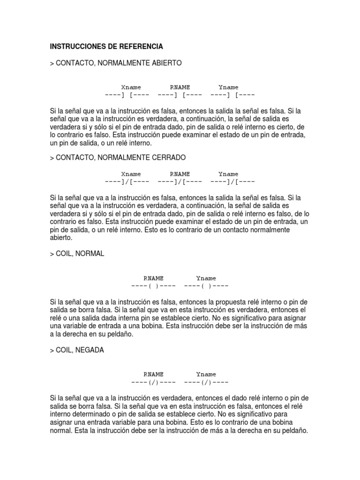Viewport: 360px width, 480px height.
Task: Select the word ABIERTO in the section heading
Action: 164,62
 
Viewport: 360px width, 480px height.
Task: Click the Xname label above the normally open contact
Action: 131,87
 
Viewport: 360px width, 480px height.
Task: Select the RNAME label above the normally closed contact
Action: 180,174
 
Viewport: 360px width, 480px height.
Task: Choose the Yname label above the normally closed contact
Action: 228,174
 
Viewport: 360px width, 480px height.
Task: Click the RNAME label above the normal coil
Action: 153,278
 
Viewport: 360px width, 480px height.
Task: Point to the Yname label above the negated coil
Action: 206,374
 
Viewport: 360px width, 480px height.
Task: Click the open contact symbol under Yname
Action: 233,95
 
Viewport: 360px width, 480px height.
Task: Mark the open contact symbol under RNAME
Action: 180,95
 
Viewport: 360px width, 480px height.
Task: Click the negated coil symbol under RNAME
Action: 153,382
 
